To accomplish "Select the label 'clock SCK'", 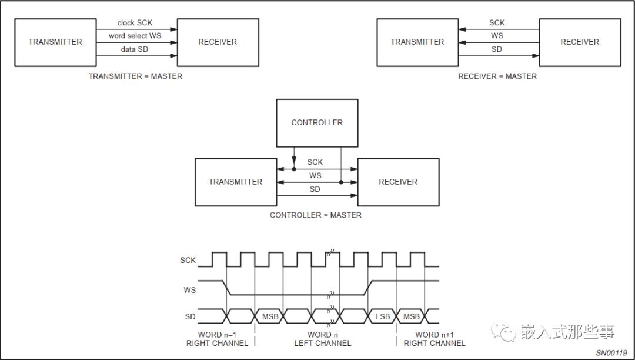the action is click(x=135, y=23).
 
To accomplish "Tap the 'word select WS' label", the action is click(x=135, y=36).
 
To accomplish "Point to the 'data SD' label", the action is click(x=135, y=49).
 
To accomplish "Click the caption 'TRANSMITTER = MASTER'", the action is click(x=135, y=76).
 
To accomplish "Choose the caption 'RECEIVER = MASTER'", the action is click(x=497, y=76).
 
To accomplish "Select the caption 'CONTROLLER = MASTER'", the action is click(x=316, y=215).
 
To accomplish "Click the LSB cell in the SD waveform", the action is click(x=383, y=316).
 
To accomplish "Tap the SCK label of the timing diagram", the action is click(x=188, y=260).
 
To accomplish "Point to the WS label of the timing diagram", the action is click(x=189, y=290).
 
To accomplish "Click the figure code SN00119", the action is click(x=611, y=353).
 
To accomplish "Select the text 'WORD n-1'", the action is click(x=217, y=335).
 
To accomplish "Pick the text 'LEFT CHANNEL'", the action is click(x=322, y=344).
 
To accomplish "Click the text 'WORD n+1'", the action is click(x=435, y=335).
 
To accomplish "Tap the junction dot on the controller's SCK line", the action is click(x=294, y=169).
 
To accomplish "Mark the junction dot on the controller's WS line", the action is click(x=341, y=182).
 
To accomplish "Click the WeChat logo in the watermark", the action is click(x=503, y=332).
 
